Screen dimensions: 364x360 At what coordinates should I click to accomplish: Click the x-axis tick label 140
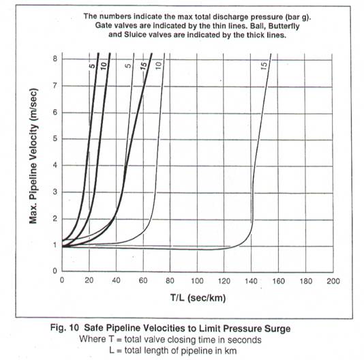click(251, 281)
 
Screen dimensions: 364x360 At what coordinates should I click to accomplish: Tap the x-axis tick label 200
click(333, 281)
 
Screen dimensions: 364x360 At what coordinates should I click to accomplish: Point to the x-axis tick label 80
click(170, 281)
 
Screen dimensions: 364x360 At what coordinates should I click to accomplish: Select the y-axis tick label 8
click(55, 59)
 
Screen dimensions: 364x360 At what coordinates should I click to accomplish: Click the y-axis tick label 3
click(55, 192)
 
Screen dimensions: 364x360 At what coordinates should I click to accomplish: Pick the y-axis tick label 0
click(55, 271)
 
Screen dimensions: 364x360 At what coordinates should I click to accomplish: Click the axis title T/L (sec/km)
click(198, 298)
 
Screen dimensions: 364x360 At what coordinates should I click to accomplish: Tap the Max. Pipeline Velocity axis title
click(33, 156)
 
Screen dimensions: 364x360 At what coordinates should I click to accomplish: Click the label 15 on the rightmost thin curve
click(264, 65)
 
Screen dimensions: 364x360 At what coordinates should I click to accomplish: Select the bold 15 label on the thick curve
click(144, 65)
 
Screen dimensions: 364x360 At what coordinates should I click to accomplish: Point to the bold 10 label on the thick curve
click(104, 66)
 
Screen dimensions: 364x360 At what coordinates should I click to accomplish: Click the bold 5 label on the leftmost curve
click(92, 66)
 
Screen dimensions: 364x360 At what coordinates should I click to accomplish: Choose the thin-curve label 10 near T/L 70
click(158, 66)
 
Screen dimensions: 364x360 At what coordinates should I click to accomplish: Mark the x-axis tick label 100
click(197, 281)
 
